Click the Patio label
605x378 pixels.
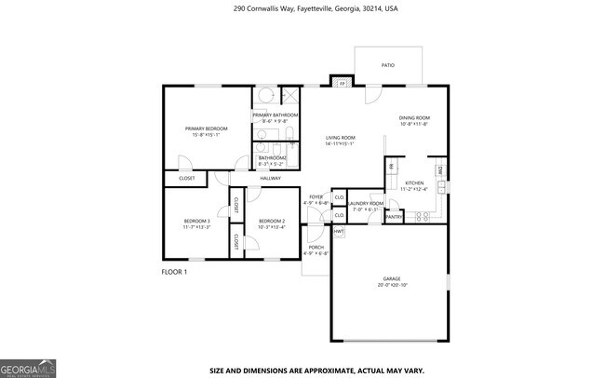coord(387,65)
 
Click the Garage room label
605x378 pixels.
coord(391,280)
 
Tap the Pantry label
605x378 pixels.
coord(394,217)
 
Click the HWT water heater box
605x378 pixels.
coord(339,230)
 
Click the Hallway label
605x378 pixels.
coord(270,178)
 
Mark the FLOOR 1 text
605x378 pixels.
coord(175,272)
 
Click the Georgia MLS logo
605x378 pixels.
coord(28,369)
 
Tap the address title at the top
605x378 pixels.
coord(302,8)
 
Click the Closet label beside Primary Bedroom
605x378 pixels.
coord(187,178)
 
